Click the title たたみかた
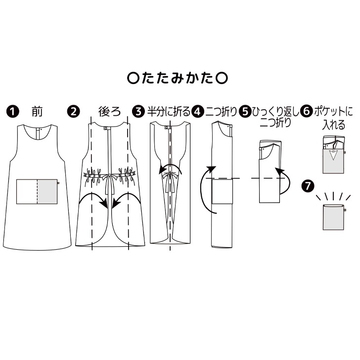pyautogui.click(x=180, y=78)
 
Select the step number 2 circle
pyautogui.click(x=74, y=112)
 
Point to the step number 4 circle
pyautogui.click(x=198, y=112)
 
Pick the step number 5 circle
pyautogui.click(x=245, y=112)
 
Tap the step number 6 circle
pyautogui.click(x=306, y=112)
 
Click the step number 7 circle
pyautogui.click(x=307, y=186)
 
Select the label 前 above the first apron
pyautogui.click(x=37, y=112)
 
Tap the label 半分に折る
pyautogui.click(x=169, y=112)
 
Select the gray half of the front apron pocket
pyautogui.click(x=47, y=192)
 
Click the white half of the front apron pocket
pyautogui.click(x=27, y=192)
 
